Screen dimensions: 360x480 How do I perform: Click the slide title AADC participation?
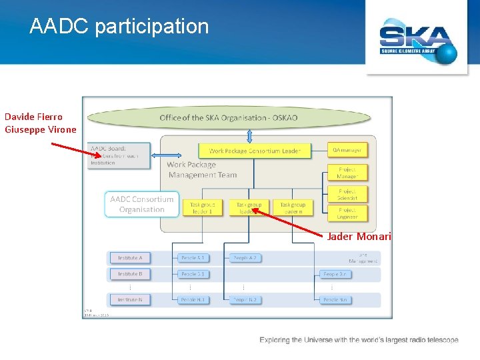point(119,27)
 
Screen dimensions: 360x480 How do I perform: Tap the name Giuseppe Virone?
point(41,130)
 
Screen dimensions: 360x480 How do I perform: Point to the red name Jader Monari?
point(359,237)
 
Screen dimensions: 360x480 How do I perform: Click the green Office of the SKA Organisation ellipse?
point(229,118)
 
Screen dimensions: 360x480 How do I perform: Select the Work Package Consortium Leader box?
point(255,151)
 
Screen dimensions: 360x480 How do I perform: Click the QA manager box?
point(347,150)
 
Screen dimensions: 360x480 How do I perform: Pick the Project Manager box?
point(347,173)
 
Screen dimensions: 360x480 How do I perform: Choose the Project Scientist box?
point(347,193)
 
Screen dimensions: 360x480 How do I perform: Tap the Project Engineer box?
point(347,213)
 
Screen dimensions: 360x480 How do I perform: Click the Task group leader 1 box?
point(201,208)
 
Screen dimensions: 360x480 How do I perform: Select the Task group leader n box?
point(293,208)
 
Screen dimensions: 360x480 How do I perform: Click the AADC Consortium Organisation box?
point(142,204)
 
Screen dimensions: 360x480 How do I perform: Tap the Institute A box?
point(131,258)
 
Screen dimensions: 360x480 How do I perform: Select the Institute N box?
point(131,300)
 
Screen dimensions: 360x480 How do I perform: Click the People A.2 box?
point(245,258)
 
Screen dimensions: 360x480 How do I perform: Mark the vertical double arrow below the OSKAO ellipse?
point(249,136)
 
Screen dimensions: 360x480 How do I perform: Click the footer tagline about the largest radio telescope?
point(359,340)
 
